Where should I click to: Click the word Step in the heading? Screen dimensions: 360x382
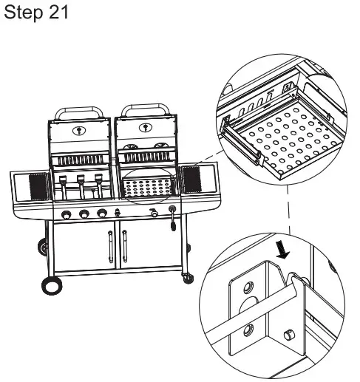(x=24, y=13)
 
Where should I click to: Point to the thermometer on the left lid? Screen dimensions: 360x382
(x=79, y=130)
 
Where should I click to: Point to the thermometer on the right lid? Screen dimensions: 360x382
(x=146, y=128)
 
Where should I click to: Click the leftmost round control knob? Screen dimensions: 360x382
(x=67, y=214)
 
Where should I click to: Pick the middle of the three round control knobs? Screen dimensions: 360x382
(x=84, y=214)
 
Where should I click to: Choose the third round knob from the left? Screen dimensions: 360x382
(x=102, y=213)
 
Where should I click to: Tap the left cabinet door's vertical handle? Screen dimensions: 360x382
(x=110, y=247)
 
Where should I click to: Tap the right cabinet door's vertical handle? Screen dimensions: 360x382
(x=125, y=246)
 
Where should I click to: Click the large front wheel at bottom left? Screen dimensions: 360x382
(x=52, y=286)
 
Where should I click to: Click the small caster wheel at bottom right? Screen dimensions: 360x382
(x=188, y=278)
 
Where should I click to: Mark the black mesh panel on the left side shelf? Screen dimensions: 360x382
(x=38, y=187)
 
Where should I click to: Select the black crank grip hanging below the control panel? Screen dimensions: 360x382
(x=173, y=225)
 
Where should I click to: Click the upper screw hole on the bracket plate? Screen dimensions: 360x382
(x=248, y=287)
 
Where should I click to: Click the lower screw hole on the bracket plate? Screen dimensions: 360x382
(x=248, y=330)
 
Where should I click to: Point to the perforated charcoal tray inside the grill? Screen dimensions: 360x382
(x=147, y=187)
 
